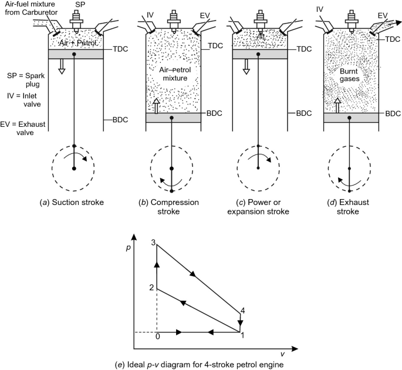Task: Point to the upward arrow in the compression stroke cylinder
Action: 157,106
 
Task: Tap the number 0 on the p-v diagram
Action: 157,337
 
